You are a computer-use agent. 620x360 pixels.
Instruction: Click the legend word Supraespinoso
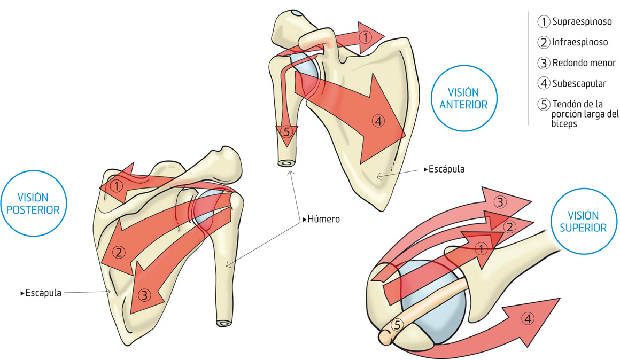(582, 22)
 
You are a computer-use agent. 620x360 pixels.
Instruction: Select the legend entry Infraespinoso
(580, 42)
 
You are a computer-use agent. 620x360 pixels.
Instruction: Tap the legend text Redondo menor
(584, 63)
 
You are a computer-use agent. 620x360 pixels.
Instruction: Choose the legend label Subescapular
(579, 83)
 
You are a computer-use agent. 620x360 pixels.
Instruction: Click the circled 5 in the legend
(544, 104)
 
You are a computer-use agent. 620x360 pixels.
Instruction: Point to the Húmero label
(323, 219)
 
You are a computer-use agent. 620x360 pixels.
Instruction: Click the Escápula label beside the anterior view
(446, 169)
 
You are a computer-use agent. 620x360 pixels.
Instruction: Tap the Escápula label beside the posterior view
(43, 293)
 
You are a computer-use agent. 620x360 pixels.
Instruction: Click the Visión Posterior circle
(30, 204)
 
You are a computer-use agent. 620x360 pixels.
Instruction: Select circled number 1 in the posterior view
(117, 186)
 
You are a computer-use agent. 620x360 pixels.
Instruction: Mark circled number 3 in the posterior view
(144, 294)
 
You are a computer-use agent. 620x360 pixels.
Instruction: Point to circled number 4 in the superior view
(528, 319)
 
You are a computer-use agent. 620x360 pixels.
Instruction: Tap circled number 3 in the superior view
(500, 202)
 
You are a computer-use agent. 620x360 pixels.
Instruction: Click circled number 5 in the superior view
(397, 324)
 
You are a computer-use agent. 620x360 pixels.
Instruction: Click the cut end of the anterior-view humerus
(286, 163)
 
